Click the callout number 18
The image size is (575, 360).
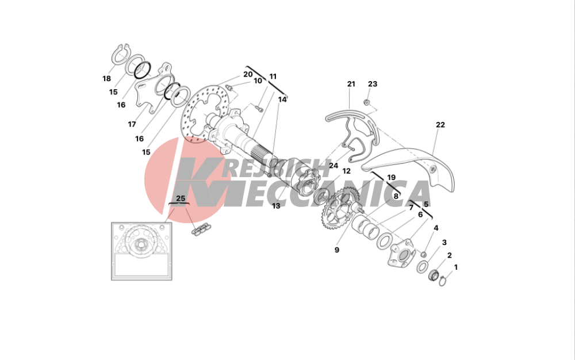coord(106,78)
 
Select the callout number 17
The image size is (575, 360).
coord(132,124)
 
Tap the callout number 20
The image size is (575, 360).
coord(248,74)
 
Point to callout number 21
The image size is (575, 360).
coord(351,84)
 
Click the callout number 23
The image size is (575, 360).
coord(373,84)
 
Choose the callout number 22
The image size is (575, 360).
coord(440,125)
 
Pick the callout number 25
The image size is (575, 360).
coord(181,198)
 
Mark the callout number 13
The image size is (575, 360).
coord(276,206)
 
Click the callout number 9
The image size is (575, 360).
coord(336,250)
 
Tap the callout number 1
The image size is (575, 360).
coord(456,267)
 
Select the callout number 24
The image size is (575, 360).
coord(333,166)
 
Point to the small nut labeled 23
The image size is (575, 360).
coord(366,102)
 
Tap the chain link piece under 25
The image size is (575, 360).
coord(200,230)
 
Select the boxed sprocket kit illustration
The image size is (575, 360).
coord(141,251)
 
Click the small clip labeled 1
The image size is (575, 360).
coord(443,281)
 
